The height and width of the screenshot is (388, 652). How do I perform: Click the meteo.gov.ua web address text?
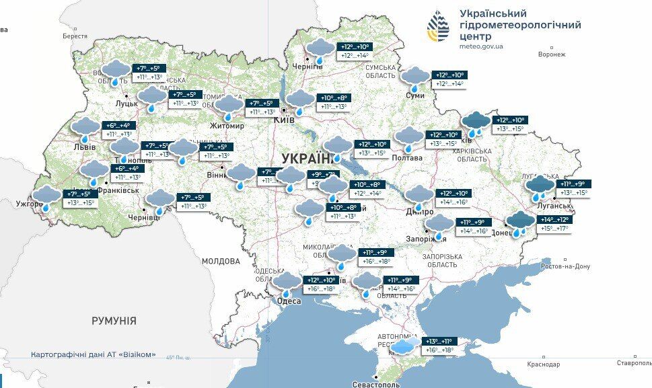[480, 47]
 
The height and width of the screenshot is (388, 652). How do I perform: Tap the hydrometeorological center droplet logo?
[439, 27]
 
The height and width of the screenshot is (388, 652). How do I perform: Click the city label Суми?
[415, 95]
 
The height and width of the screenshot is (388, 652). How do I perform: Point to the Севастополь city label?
[375, 384]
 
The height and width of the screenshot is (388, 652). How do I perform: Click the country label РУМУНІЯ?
[114, 321]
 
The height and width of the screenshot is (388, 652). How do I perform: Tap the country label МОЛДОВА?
[221, 261]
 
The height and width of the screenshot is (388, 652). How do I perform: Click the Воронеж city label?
[552, 54]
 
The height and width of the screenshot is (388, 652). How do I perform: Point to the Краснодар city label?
[543, 364]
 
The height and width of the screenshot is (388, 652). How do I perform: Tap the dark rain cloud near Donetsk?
[520, 223]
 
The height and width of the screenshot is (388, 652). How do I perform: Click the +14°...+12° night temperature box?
[554, 220]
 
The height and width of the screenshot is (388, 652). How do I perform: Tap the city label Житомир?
[227, 126]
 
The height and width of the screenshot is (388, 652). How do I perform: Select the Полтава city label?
[408, 158]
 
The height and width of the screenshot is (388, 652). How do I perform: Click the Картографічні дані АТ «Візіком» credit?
[94, 354]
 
